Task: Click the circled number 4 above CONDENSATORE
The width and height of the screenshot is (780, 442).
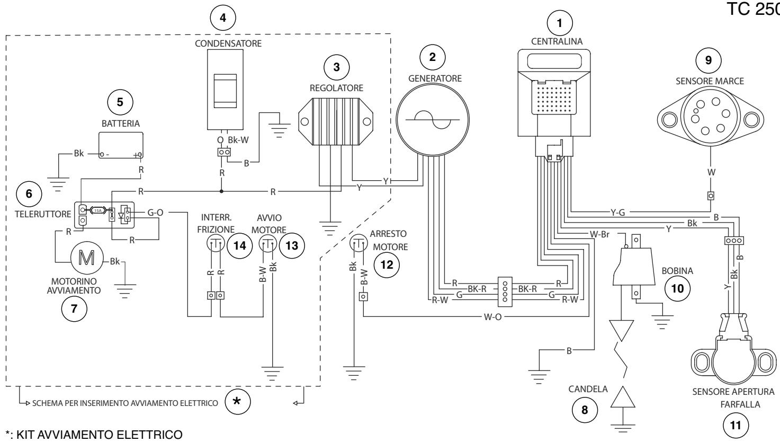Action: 223,17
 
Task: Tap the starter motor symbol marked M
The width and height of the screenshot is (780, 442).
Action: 87,258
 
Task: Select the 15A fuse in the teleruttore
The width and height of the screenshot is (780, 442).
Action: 98,210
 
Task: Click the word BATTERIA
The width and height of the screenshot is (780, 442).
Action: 121,123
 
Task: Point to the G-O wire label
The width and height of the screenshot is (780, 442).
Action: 155,213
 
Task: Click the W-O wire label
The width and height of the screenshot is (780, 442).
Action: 492,317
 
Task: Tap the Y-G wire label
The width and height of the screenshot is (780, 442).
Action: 617,212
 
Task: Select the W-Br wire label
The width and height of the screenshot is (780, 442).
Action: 599,234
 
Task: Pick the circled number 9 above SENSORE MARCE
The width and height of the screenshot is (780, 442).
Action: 709,60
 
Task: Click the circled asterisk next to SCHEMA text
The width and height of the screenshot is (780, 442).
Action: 237,402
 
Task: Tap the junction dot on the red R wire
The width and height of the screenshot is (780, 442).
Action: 221,191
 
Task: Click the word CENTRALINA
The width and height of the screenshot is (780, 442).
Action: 557,41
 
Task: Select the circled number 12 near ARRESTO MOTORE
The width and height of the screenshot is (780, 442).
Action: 387,265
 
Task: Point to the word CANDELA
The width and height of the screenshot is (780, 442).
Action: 588,389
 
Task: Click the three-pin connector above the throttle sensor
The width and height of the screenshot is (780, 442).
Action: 734,241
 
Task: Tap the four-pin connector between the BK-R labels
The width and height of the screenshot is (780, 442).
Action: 505,292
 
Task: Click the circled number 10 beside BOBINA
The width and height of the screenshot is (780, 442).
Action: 677,288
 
